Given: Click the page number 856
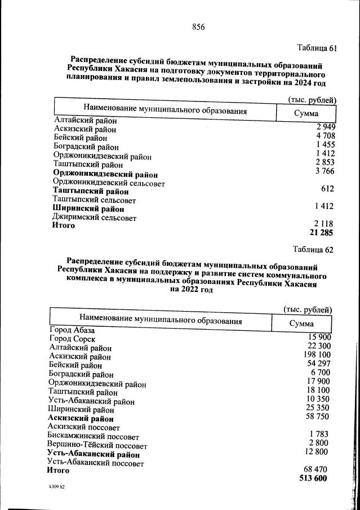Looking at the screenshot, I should [x=198, y=26].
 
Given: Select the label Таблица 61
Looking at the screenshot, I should [x=317, y=48].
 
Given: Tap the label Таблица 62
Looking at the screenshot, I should [x=313, y=249].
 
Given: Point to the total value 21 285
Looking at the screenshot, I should [x=322, y=233].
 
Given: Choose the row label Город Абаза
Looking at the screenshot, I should [x=72, y=330].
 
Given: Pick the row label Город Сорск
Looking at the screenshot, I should [x=72, y=339].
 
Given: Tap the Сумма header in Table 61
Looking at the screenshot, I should [x=306, y=114].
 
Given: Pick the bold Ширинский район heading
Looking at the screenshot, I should [x=88, y=209].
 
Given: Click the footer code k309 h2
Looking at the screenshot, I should [x=57, y=486].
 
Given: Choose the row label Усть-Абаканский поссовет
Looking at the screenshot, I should [x=95, y=463].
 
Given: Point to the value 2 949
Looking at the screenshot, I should [x=325, y=126].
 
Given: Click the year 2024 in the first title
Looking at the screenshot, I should [x=303, y=82].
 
